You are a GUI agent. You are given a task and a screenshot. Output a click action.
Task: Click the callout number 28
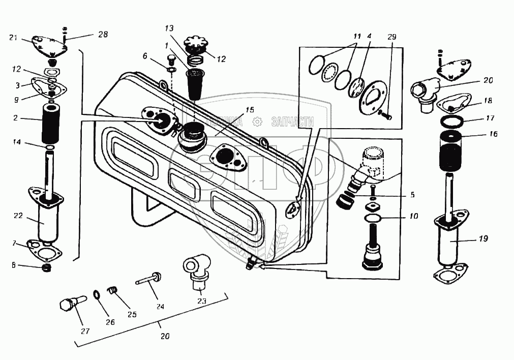click(103, 35)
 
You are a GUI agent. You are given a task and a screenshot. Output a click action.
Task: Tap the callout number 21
click(14, 38)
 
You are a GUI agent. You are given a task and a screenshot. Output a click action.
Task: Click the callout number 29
click(391, 37)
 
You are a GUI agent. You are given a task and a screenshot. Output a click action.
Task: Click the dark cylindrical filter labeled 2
click(51, 123)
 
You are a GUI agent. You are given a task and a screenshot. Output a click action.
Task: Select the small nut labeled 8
click(46, 267)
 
